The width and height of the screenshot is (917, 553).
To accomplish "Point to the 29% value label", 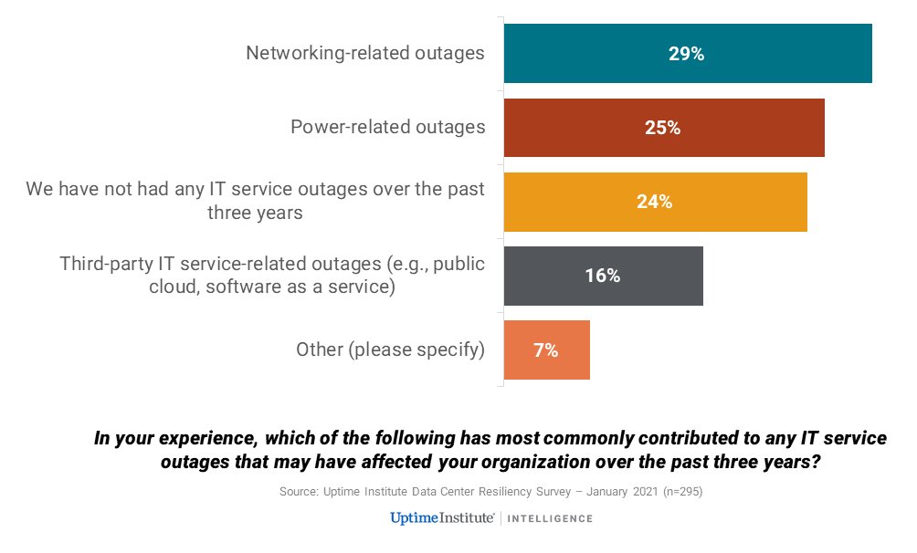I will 686,54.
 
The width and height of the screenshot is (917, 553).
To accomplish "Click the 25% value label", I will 663,128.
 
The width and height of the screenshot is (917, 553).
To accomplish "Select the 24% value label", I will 655,202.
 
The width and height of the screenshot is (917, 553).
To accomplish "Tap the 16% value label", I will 603,276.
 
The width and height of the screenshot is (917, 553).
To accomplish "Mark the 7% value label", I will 546,350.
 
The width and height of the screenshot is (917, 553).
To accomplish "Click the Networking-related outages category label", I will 365,53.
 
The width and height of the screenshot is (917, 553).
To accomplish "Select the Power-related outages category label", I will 388,127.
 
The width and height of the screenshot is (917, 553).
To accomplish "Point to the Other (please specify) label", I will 390,350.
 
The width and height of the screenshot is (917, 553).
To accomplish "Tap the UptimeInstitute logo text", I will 442,518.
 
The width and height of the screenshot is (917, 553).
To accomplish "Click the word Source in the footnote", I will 298,492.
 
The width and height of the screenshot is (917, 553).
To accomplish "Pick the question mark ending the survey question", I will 815,462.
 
